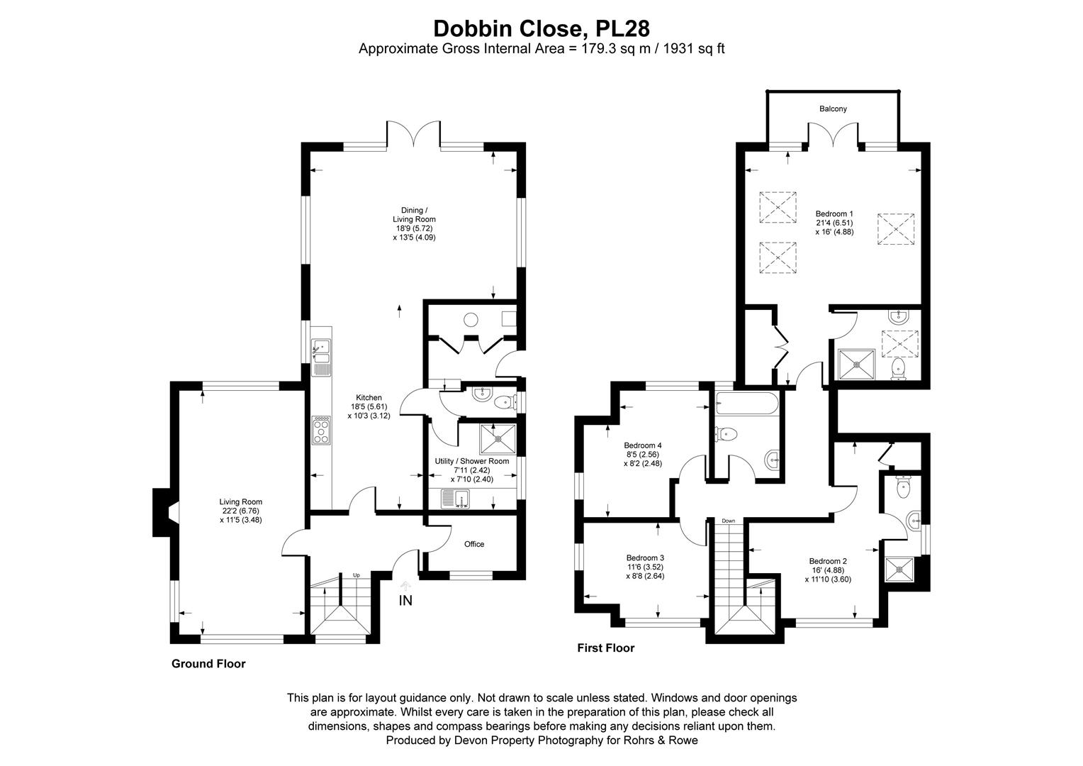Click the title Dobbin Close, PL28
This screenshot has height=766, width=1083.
click(541, 28)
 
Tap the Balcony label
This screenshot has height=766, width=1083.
click(833, 109)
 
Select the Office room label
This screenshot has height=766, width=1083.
click(473, 544)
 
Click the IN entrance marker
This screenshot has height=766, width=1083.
click(405, 600)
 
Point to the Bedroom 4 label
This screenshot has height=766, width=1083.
click(643, 445)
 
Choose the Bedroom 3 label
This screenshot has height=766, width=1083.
click(645, 557)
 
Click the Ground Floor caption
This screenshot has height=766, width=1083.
click(208, 663)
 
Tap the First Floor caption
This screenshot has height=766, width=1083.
click(606, 648)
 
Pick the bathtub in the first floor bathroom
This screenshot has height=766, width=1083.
click(747, 404)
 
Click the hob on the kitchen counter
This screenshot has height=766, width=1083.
click(322, 430)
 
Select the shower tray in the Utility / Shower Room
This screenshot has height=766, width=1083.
click(498, 439)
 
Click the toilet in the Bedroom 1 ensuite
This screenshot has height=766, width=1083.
click(898, 370)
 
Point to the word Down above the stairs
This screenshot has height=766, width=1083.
click(728, 521)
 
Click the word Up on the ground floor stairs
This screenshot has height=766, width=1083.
click(357, 575)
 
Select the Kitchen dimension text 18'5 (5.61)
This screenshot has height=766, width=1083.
click(369, 406)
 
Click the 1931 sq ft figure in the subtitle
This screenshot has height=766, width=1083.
click(694, 49)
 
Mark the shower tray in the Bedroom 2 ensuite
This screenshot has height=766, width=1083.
click(899, 570)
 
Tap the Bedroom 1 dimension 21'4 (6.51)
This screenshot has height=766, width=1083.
click(834, 223)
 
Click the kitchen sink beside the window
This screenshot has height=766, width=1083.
click(321, 352)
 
